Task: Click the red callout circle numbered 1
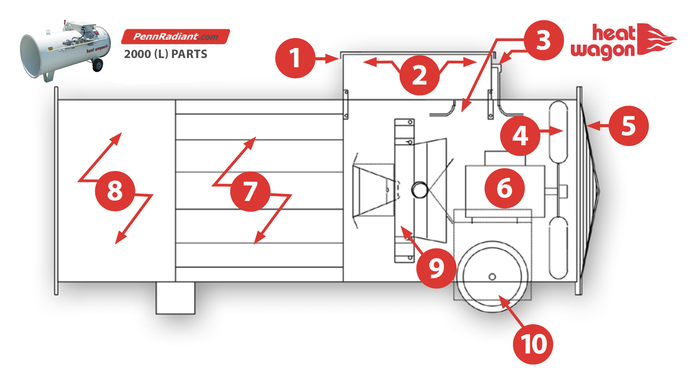point(295,58)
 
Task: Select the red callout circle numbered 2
point(420,75)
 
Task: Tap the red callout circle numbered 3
point(544,40)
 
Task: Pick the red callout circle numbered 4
point(520,136)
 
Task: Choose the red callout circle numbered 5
point(629,126)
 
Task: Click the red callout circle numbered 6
point(505,188)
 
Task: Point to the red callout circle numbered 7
point(250,191)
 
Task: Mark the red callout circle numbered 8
point(115,191)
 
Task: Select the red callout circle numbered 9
point(436,268)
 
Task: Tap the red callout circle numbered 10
point(533,344)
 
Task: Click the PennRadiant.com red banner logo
point(176,37)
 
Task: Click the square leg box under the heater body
point(175,298)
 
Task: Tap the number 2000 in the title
point(137,54)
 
